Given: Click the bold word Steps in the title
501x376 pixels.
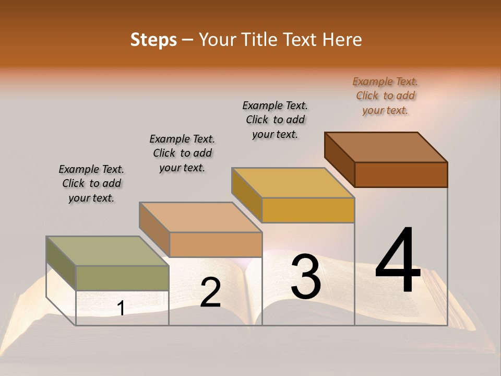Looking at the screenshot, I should (x=153, y=40).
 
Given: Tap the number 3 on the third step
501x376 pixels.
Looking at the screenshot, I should (x=306, y=277).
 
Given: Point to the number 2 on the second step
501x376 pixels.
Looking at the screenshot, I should (x=210, y=292).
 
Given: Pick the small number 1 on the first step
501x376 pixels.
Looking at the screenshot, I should (x=121, y=309).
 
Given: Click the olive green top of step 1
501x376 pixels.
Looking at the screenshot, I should (x=107, y=251).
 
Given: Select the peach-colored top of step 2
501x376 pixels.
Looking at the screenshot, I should (x=200, y=217).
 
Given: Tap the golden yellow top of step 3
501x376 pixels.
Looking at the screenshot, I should (x=293, y=183).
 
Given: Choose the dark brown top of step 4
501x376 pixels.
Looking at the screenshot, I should (x=386, y=147).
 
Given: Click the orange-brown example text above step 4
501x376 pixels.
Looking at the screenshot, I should (x=385, y=96).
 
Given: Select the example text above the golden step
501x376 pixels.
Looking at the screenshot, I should (x=275, y=120).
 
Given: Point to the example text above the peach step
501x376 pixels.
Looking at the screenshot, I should (x=182, y=153).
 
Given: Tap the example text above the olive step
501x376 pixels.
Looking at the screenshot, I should (x=91, y=183).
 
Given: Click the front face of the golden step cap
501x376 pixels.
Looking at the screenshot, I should (x=308, y=210).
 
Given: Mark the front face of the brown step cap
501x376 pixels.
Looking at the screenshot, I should (x=401, y=174).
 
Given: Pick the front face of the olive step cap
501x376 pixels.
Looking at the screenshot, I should (x=122, y=278).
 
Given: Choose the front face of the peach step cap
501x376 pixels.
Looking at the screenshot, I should (x=216, y=244).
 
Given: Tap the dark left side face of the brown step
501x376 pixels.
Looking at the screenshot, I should (x=339, y=159).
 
